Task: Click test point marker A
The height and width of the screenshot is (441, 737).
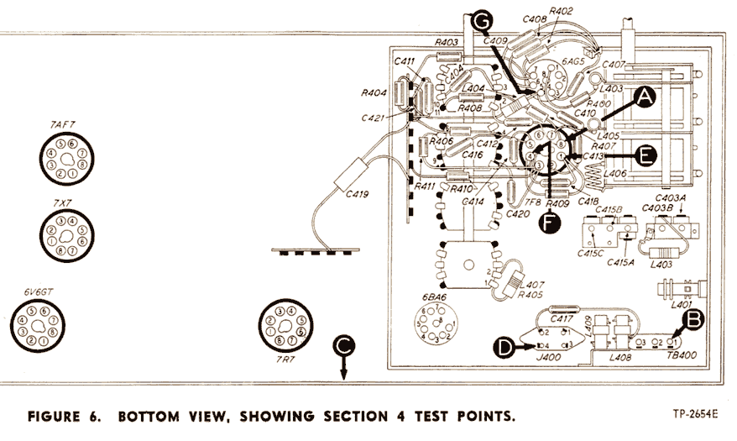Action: click(x=644, y=98)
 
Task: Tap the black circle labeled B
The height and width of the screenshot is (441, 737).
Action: click(x=693, y=319)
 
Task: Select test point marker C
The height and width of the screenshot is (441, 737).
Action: click(x=342, y=345)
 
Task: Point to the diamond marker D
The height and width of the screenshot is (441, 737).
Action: click(x=502, y=346)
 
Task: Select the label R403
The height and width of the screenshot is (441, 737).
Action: click(x=447, y=42)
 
